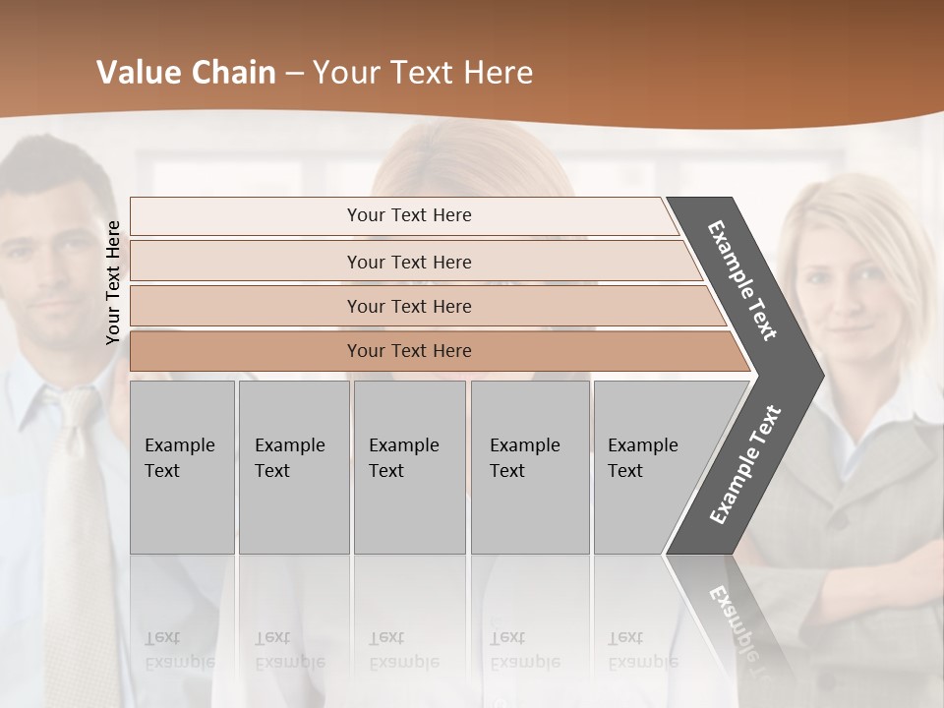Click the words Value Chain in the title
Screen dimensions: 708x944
click(186, 73)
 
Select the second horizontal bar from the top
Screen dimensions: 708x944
click(409, 262)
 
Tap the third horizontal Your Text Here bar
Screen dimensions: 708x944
click(409, 306)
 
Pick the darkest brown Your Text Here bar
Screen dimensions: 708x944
click(409, 351)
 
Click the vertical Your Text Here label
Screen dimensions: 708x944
click(113, 282)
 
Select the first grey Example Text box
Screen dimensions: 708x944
click(182, 466)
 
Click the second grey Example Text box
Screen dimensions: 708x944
click(293, 466)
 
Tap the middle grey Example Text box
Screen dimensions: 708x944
click(409, 466)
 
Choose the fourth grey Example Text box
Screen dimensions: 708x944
click(529, 466)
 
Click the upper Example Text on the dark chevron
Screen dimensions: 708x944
click(742, 279)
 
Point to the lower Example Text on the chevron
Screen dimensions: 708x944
click(745, 464)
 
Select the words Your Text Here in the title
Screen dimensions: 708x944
click(423, 73)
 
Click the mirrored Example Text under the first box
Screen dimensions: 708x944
click(179, 649)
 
